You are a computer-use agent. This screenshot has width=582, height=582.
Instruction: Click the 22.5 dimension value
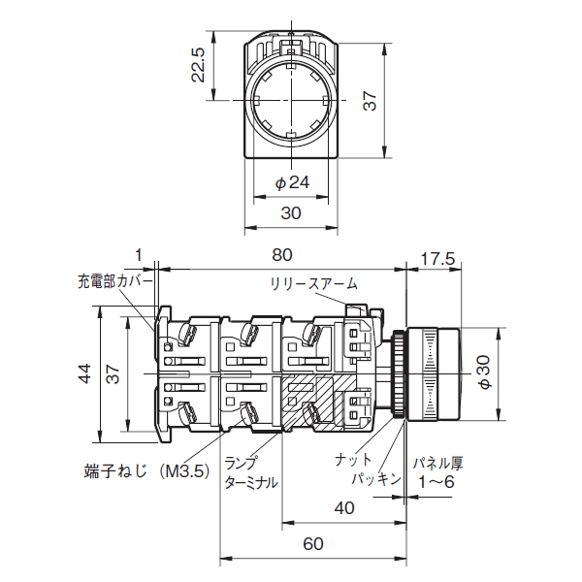tap(198, 65)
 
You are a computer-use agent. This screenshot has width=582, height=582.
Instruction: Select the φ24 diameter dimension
tap(292, 182)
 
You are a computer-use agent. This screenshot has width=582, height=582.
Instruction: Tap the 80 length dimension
tap(282, 255)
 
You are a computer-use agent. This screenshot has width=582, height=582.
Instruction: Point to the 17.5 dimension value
tap(437, 259)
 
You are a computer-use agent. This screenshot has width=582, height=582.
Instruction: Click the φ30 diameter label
tap(484, 372)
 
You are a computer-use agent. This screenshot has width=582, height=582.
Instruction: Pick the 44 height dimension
tap(84, 373)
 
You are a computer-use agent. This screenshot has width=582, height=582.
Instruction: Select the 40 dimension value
tap(344, 507)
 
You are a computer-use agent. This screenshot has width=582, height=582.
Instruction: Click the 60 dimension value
tap(313, 544)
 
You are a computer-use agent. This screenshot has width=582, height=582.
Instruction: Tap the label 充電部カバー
tap(115, 281)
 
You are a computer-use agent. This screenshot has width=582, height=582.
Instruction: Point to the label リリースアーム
tap(314, 284)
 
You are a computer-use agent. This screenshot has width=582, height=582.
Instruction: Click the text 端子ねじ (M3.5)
tap(147, 471)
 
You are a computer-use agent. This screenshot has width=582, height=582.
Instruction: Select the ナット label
tap(353, 460)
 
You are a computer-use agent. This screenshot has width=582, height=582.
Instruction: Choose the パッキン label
tap(376, 479)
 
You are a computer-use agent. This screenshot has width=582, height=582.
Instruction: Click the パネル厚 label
tap(438, 464)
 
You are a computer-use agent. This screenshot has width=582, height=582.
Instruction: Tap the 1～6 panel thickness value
tap(436, 482)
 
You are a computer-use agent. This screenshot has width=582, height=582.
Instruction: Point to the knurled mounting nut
tap(400, 373)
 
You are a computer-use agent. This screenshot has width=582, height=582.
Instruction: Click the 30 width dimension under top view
tap(291, 213)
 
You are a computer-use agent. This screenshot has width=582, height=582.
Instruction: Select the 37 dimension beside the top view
tap(370, 101)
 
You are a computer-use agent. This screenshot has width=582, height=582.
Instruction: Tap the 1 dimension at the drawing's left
tap(139, 255)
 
